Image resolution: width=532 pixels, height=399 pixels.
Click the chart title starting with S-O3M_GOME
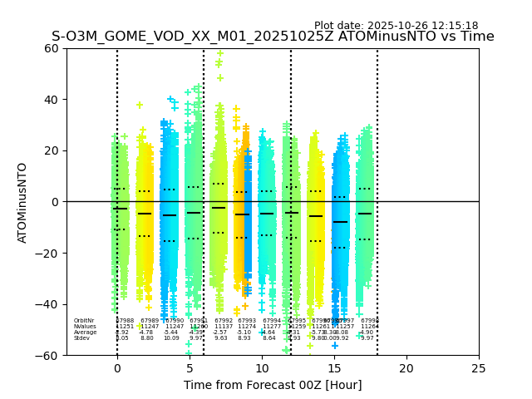273,37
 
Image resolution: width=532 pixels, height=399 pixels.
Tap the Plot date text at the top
396,26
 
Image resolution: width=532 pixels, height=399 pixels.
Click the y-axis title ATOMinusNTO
23,202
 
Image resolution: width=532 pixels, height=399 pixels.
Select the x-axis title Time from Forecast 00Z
273,385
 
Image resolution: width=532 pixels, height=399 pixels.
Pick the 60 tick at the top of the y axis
52,48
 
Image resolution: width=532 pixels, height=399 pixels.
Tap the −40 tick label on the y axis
49,304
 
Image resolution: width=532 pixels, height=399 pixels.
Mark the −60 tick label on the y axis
49,355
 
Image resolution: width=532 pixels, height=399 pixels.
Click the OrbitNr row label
83,321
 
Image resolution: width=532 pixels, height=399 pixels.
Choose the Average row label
85,332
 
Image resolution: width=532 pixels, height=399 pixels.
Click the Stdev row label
81,338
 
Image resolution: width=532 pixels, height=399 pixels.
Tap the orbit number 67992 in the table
224,321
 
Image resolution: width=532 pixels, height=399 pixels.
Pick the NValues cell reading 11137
224,327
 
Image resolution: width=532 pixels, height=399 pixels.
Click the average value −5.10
244,332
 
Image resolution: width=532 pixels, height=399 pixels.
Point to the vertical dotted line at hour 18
377,199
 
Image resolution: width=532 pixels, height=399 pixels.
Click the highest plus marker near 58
219,53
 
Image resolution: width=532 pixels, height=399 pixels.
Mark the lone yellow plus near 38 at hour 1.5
140,106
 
